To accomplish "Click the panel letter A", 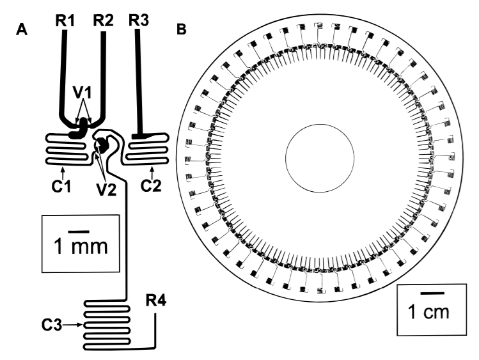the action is (22, 30).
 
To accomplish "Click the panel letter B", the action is (182, 29).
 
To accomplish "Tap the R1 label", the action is (65, 20).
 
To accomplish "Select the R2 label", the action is (103, 20).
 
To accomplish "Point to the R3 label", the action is (139, 20).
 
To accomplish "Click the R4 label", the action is (156, 301).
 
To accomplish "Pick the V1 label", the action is (82, 93).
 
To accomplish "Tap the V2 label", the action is (107, 190).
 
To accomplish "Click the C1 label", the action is (61, 186).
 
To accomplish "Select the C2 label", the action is (151, 185).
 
